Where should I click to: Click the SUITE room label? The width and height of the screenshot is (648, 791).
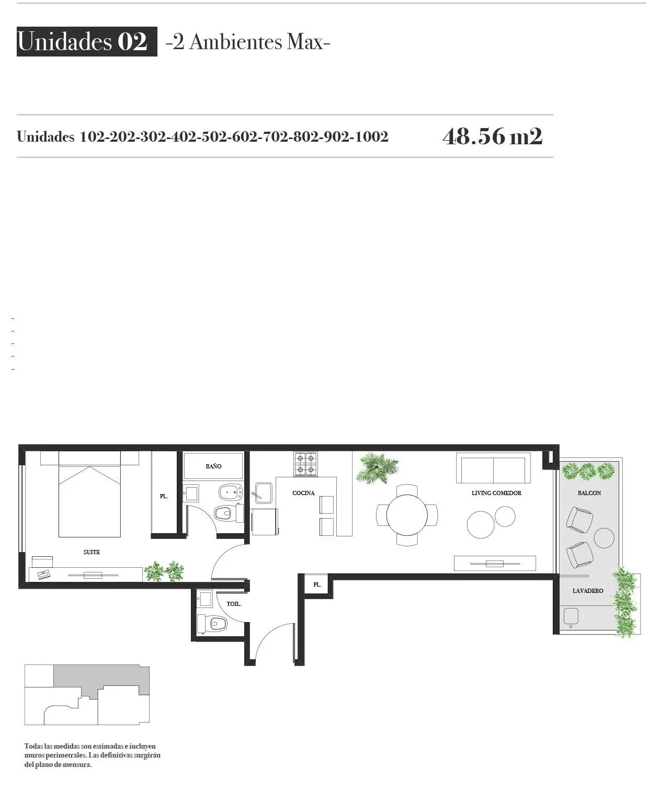(x=92, y=552)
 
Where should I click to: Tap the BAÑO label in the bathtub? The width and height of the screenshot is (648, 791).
(x=213, y=466)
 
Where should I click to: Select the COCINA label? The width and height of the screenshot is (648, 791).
(x=303, y=493)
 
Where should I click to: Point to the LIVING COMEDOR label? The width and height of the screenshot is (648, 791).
(x=496, y=493)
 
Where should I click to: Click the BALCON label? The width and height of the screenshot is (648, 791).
(x=589, y=493)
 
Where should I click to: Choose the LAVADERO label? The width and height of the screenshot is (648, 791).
(x=588, y=591)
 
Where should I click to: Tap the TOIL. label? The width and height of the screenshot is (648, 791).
(x=234, y=604)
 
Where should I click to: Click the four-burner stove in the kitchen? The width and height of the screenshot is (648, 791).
(x=305, y=464)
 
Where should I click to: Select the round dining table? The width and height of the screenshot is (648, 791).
(x=407, y=515)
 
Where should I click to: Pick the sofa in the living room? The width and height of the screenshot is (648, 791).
(x=493, y=468)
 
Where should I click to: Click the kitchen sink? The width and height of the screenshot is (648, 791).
(x=264, y=492)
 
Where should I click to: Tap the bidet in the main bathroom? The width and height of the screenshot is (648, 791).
(x=231, y=492)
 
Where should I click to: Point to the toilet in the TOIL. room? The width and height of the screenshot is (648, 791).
(x=212, y=623)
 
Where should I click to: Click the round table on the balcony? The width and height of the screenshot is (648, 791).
(x=604, y=538)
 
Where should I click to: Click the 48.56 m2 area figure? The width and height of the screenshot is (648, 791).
(x=493, y=136)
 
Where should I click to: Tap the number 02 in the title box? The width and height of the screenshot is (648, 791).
(x=132, y=41)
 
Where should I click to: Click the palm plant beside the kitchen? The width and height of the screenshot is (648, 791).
(x=377, y=468)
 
